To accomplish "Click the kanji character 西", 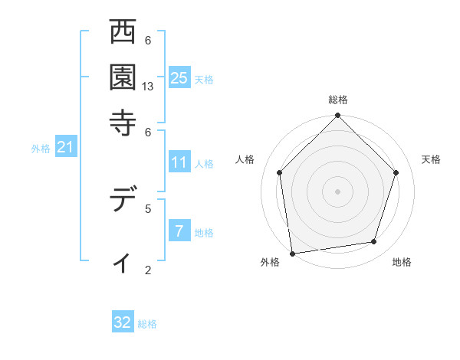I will (x=123, y=33).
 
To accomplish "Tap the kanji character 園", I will (x=123, y=77).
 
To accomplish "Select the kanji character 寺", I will (x=123, y=121).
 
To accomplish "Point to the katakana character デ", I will (x=123, y=200).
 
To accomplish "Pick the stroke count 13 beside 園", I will (x=149, y=87).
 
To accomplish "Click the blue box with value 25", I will (x=179, y=77).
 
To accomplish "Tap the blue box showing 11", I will (x=179, y=162).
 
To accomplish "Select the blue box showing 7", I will (x=179, y=231).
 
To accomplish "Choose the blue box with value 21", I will (x=65, y=147).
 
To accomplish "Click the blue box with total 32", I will (x=123, y=322).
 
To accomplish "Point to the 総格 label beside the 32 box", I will (x=148, y=324).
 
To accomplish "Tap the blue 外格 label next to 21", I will (x=41, y=149).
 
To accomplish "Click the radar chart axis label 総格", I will (x=337, y=100).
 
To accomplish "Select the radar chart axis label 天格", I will (x=431, y=159).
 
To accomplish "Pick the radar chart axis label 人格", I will (x=245, y=159).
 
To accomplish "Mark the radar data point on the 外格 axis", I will (x=291, y=253).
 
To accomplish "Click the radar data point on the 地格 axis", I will (x=374, y=242).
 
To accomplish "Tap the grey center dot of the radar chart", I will (x=337, y=191).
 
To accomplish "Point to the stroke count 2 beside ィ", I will (x=147, y=270).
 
